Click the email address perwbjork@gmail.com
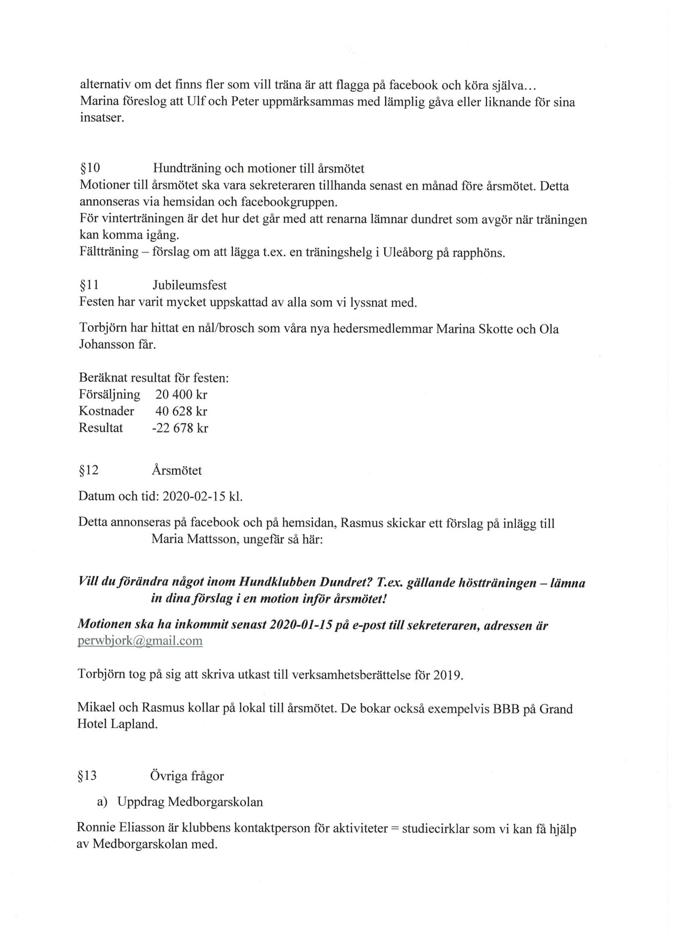(140, 641)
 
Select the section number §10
(90, 168)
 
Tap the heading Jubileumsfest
(190, 285)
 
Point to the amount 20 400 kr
(181, 395)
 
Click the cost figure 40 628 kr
(181, 411)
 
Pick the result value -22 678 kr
(179, 428)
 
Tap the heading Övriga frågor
(187, 776)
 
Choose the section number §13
(88, 776)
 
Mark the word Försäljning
(109, 395)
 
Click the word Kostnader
(107, 411)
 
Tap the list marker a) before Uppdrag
(102, 802)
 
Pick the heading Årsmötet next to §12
(177, 471)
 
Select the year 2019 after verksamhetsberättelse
(447, 675)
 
